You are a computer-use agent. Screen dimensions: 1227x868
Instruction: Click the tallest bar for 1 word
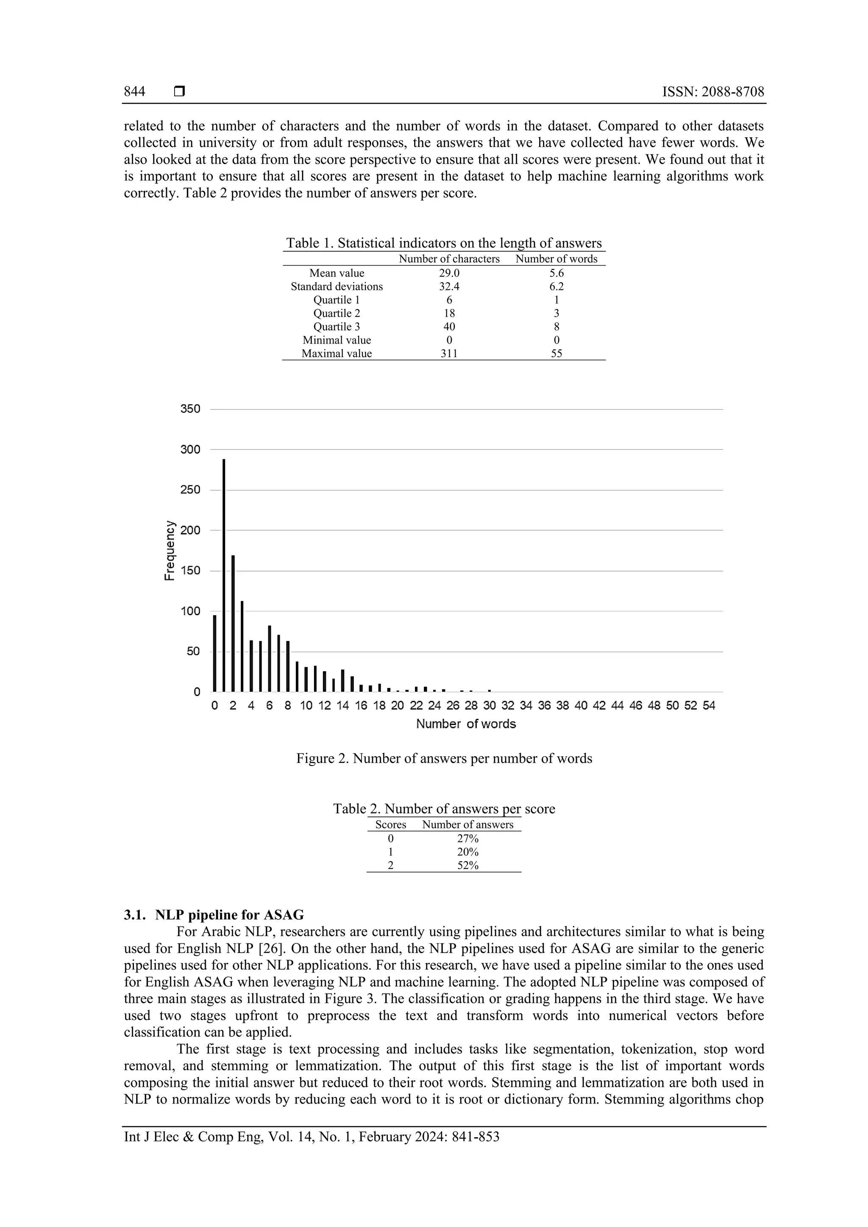[x=224, y=575]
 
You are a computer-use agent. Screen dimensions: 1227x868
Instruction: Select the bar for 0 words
[x=215, y=653]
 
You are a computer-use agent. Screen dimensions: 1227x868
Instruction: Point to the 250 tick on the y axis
[x=190, y=489]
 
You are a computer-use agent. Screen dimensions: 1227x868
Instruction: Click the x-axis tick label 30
[x=490, y=705]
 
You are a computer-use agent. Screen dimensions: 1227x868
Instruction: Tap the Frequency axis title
[x=169, y=550]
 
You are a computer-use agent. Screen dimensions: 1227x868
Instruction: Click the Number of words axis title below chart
[x=465, y=724]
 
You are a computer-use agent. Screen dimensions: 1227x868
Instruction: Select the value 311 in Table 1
[x=449, y=353]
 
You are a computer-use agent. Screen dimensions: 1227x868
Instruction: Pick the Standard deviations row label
[x=337, y=286]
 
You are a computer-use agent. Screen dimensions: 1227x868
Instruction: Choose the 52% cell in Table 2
[x=467, y=865]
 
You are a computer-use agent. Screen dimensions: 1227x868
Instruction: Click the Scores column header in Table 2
[x=391, y=824]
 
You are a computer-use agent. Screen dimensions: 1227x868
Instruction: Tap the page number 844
[x=135, y=92]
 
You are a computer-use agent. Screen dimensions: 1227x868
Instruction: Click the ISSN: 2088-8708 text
[x=713, y=92]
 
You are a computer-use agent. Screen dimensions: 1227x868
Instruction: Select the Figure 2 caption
[x=444, y=758]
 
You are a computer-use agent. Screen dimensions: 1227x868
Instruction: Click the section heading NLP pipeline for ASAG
[x=229, y=915]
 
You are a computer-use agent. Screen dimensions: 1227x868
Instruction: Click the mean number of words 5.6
[x=556, y=273]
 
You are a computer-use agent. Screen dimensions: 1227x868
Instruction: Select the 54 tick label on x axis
[x=709, y=705]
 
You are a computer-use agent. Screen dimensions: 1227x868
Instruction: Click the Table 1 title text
[x=444, y=243]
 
